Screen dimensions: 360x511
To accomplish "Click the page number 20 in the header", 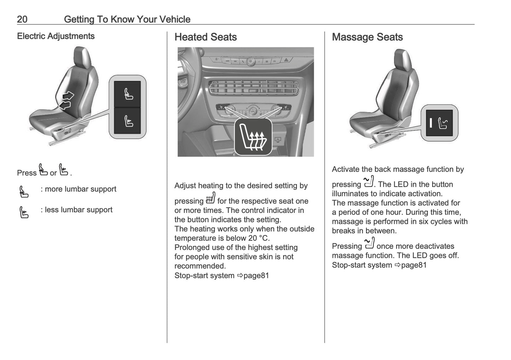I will click(x=22, y=19).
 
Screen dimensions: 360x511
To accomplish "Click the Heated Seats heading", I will click(x=205, y=37).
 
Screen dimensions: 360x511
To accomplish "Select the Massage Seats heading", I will click(x=367, y=37).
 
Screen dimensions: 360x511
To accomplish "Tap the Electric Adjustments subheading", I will click(x=56, y=36).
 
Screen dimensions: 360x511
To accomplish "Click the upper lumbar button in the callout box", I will click(x=128, y=94).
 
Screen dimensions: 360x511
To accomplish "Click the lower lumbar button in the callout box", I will click(x=128, y=121).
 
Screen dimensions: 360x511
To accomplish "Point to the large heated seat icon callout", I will click(x=253, y=137).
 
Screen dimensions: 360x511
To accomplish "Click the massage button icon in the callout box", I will click(x=442, y=123).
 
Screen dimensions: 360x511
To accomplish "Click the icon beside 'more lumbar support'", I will click(x=24, y=191).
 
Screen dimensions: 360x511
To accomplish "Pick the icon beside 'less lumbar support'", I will click(x=24, y=212).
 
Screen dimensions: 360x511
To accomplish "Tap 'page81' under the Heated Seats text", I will click(x=256, y=275).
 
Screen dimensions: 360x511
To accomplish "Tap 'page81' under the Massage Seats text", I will click(x=413, y=265).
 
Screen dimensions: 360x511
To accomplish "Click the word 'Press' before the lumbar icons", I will click(x=27, y=173).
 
